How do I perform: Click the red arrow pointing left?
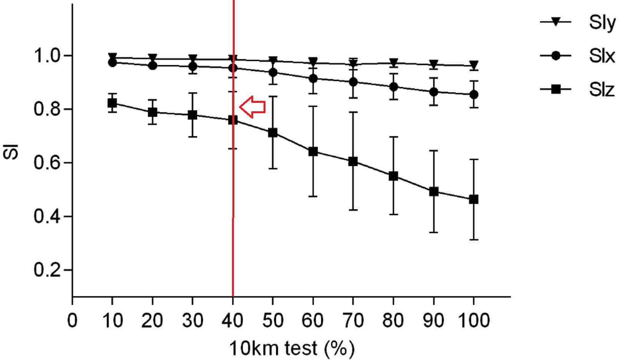pyautogui.click(x=252, y=106)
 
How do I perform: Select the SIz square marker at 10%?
pyautogui.click(x=112, y=103)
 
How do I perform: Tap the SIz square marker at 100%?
pyautogui.click(x=474, y=199)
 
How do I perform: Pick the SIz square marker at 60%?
pyautogui.click(x=313, y=151)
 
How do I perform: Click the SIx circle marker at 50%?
pyautogui.click(x=273, y=72)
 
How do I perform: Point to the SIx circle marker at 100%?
pyautogui.click(x=474, y=94)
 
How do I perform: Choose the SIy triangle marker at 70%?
pyautogui.click(x=353, y=64)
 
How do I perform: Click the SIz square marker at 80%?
pyautogui.click(x=393, y=176)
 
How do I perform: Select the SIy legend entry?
pyautogui.click(x=577, y=22)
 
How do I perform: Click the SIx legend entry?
pyautogui.click(x=577, y=56)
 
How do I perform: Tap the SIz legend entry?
pyautogui.click(x=577, y=90)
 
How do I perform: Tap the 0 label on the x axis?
pyautogui.click(x=72, y=320)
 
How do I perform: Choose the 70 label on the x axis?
pyautogui.click(x=353, y=320)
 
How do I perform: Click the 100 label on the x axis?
pyautogui.click(x=474, y=320)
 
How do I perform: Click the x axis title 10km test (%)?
pyautogui.click(x=292, y=348)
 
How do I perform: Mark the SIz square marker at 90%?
pyautogui.click(x=434, y=191)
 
